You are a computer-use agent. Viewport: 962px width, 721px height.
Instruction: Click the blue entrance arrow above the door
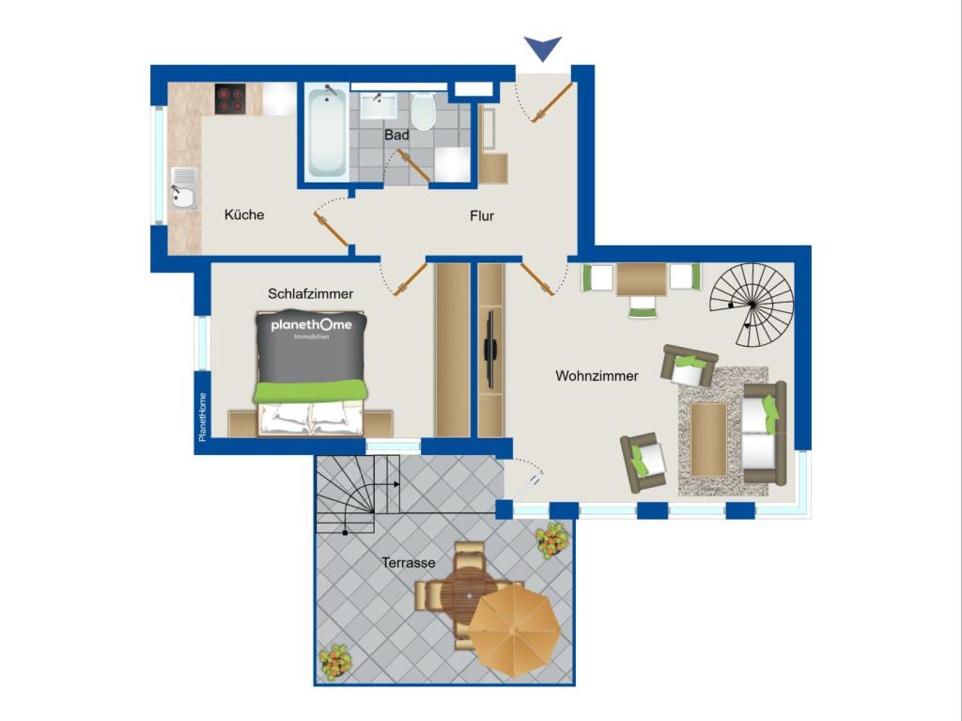pyautogui.click(x=543, y=47)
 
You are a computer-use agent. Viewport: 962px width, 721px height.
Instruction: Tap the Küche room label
pyautogui.click(x=244, y=215)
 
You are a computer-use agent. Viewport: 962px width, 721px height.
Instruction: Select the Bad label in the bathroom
pyautogui.click(x=397, y=134)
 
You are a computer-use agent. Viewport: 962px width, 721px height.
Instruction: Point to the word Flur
pyautogui.click(x=482, y=215)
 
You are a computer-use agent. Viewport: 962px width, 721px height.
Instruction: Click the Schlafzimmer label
pyautogui.click(x=310, y=293)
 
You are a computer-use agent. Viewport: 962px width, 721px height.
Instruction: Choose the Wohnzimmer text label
pyautogui.click(x=597, y=376)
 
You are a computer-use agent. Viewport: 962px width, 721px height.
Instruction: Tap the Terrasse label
pyautogui.click(x=409, y=562)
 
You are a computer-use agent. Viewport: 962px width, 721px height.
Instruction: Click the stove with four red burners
pyautogui.click(x=231, y=99)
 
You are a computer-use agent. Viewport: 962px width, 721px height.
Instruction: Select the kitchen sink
pyautogui.click(x=184, y=189)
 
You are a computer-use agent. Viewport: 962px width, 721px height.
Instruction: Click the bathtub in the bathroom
pyautogui.click(x=327, y=133)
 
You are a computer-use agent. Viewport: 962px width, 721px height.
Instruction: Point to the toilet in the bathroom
pyautogui.click(x=424, y=111)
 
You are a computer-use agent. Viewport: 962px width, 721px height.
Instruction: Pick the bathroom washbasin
pyautogui.click(x=378, y=105)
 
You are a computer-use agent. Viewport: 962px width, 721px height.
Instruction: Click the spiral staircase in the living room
pyautogui.click(x=752, y=305)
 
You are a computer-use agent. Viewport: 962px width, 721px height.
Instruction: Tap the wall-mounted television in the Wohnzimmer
pyautogui.click(x=489, y=352)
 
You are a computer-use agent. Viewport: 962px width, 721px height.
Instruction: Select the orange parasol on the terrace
pyautogui.click(x=514, y=630)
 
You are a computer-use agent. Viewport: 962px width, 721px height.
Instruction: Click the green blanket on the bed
pyautogui.click(x=311, y=392)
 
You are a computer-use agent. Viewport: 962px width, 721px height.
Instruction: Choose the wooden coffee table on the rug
pyautogui.click(x=708, y=439)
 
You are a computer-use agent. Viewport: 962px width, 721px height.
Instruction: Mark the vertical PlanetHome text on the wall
pyautogui.click(x=203, y=417)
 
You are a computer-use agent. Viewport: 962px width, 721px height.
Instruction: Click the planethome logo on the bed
pyautogui.click(x=312, y=327)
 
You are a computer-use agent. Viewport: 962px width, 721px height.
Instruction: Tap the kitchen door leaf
pyautogui.click(x=332, y=228)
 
